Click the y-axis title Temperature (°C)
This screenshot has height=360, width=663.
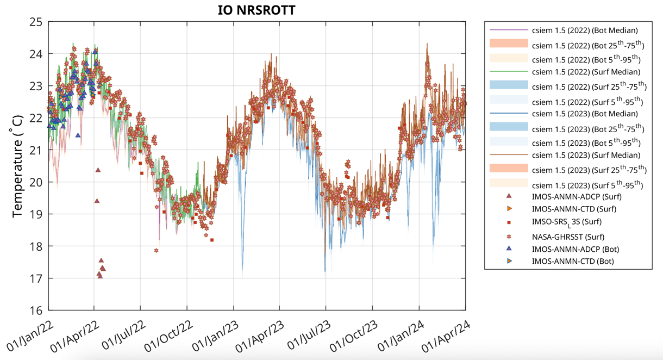[x=17, y=166]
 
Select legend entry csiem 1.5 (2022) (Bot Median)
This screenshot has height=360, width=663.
[x=585, y=30]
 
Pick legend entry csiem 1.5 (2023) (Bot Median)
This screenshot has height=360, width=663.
[x=585, y=114]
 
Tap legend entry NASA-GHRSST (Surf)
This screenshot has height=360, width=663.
[x=568, y=237]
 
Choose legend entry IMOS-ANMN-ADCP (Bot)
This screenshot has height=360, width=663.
[x=576, y=249]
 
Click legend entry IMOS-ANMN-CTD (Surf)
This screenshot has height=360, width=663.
[x=574, y=209]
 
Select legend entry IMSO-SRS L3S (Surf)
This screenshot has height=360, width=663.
[x=567, y=222]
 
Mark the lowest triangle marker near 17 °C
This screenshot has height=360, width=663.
[x=100, y=276]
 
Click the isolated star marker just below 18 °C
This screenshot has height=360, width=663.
[x=157, y=251]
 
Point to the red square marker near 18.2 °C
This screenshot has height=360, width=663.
[x=212, y=240]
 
